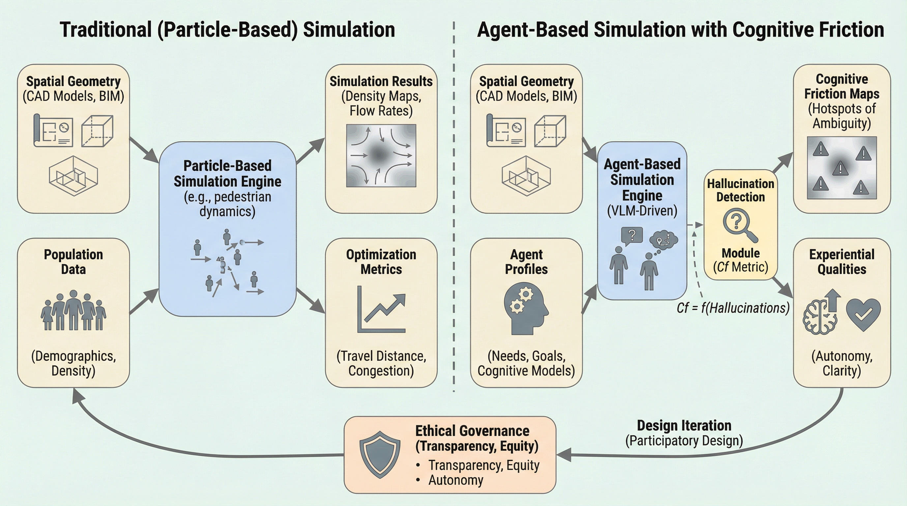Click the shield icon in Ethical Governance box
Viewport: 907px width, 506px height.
tap(380, 455)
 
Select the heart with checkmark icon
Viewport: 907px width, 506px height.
tap(863, 314)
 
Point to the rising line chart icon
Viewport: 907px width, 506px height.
tap(382, 310)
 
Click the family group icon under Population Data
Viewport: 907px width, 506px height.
tap(73, 310)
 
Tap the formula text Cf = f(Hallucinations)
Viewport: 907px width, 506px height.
tap(733, 308)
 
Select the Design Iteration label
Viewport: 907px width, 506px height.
tap(684, 426)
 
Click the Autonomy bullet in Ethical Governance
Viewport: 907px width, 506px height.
tap(455, 480)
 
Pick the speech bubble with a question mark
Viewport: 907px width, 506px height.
tap(632, 236)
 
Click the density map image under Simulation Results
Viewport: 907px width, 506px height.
tap(381, 155)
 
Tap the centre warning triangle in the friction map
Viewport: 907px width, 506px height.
tap(840, 168)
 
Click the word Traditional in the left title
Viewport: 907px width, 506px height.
tap(105, 30)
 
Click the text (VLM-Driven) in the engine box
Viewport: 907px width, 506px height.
tap(642, 211)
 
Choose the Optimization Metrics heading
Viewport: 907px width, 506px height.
tap(381, 262)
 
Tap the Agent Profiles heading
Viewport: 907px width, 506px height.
tap(526, 262)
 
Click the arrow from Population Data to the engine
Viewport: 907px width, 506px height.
tap(144, 301)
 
